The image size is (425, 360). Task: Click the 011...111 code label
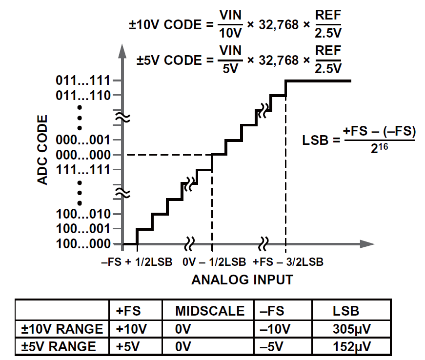(x=83, y=80)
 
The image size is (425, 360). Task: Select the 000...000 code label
(x=83, y=155)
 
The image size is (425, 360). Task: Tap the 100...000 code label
(x=83, y=244)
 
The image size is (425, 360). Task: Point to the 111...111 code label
(x=83, y=170)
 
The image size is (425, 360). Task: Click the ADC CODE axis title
(x=42, y=150)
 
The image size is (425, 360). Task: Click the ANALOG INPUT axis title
(x=243, y=280)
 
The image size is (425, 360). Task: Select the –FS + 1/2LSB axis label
(x=137, y=262)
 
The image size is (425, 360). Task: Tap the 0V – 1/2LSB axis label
(x=214, y=262)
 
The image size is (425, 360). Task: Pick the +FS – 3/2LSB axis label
(x=288, y=262)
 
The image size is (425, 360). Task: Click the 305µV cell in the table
(x=351, y=329)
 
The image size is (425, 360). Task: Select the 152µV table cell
(x=351, y=347)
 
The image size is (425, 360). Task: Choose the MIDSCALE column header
(x=210, y=311)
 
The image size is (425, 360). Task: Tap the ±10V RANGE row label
(x=62, y=329)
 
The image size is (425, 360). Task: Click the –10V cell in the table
(x=275, y=329)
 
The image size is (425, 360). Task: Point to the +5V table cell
(x=128, y=347)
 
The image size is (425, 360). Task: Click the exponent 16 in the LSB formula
(x=383, y=147)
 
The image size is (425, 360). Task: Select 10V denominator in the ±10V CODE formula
(x=230, y=33)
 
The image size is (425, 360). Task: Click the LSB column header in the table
(x=346, y=311)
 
